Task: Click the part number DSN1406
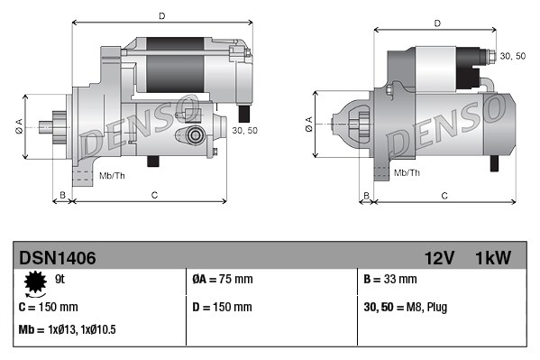[58, 258]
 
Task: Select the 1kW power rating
[492, 258]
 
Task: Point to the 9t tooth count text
[61, 279]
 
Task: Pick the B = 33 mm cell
[390, 280]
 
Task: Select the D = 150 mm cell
[223, 307]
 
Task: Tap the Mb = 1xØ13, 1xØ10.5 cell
[68, 330]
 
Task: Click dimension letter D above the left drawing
[161, 15]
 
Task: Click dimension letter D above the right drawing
[436, 23]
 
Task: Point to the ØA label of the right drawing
[309, 125]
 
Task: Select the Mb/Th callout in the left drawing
[113, 173]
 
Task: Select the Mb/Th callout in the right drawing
[407, 171]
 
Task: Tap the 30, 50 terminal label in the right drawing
[513, 56]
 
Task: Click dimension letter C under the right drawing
[444, 195]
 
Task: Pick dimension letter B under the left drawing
[62, 195]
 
